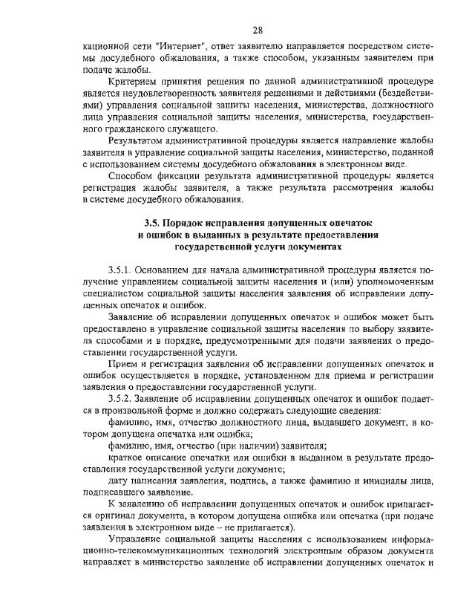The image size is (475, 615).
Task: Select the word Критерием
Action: tap(136, 81)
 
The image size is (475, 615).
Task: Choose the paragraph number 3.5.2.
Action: tap(122, 399)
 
